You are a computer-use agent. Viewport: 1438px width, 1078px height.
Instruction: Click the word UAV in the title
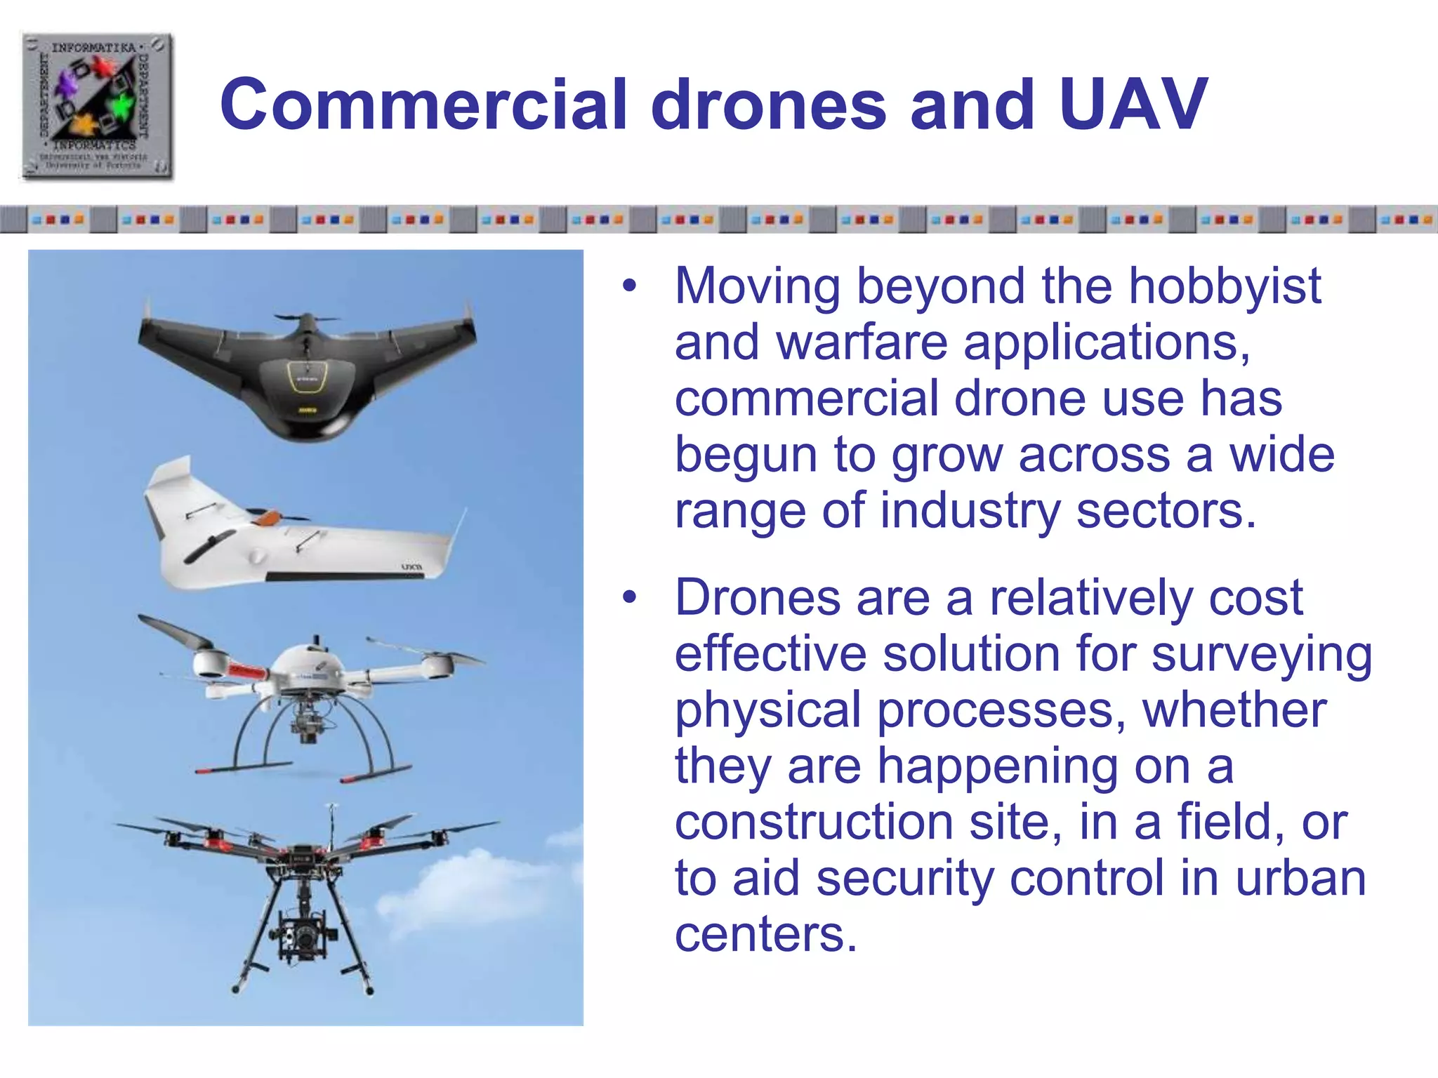tap(1133, 105)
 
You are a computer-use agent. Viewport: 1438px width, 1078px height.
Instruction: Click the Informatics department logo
tap(97, 106)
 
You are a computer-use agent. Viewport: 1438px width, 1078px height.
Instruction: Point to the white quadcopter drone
tap(309, 695)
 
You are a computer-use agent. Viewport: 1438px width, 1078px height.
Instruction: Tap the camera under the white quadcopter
tap(307, 726)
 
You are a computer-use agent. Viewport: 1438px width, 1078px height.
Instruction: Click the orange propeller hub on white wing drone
tap(266, 519)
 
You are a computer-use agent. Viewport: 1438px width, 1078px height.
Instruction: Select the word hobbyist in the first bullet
tap(1225, 286)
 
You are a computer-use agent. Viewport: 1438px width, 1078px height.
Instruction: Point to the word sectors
tap(1166, 511)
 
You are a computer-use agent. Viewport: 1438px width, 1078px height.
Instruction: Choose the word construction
tap(814, 823)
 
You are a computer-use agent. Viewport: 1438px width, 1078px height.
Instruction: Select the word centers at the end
tap(765, 935)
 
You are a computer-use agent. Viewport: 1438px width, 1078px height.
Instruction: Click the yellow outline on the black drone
tap(307, 378)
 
